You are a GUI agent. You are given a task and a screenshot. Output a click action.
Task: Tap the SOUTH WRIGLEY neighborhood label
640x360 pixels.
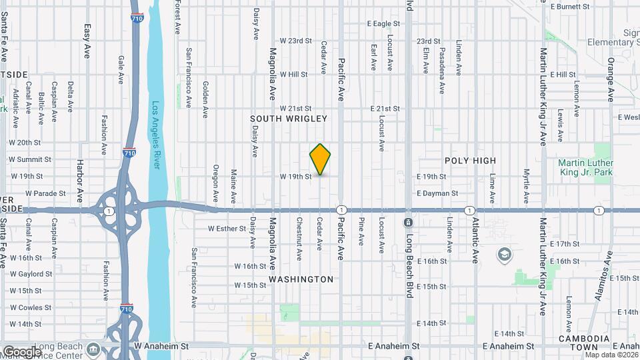[x=289, y=119]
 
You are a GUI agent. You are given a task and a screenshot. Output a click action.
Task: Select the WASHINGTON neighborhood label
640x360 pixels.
[x=301, y=279]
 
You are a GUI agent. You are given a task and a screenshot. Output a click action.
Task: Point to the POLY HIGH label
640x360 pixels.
[x=471, y=161]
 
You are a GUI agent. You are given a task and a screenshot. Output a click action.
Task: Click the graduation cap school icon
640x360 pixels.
[x=505, y=254]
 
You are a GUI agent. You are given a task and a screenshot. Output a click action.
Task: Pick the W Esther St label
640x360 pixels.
[x=227, y=228]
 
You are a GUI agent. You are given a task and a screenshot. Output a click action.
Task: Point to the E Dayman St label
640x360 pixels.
[x=437, y=193]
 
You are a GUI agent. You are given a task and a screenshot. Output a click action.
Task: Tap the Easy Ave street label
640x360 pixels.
[x=87, y=41]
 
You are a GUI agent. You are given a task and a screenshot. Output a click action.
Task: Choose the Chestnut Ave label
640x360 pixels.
[x=300, y=235]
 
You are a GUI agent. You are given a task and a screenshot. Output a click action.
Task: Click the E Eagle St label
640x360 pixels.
[x=383, y=23]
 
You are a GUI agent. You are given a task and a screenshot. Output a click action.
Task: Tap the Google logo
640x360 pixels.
[x=21, y=351]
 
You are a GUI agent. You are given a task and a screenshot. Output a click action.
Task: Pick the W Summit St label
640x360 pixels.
[x=29, y=160]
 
